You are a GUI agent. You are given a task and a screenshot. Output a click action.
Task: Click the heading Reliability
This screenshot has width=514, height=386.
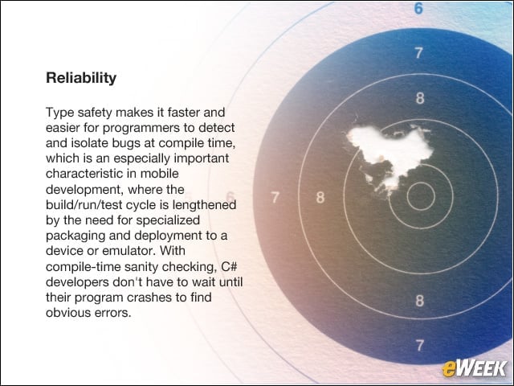click(x=81, y=78)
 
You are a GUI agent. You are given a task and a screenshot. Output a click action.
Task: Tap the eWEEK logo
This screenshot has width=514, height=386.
click(x=475, y=368)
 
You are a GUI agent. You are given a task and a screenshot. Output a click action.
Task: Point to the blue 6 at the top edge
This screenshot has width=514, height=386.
click(x=418, y=9)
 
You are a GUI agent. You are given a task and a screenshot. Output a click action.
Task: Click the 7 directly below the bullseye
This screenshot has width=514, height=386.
click(x=419, y=346)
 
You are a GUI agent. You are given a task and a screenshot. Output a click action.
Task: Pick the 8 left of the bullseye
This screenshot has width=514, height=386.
click(x=320, y=198)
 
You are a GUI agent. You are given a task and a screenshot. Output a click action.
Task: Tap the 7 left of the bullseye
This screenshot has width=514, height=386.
click(x=275, y=197)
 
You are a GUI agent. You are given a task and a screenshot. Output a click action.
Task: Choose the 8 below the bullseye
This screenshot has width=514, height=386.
click(x=419, y=301)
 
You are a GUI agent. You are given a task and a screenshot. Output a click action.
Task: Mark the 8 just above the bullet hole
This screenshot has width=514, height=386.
click(x=420, y=98)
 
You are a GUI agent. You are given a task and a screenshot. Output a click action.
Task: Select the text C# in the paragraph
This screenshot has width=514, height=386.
click(x=229, y=266)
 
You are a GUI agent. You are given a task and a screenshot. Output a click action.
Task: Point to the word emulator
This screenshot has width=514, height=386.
click(x=128, y=251)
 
